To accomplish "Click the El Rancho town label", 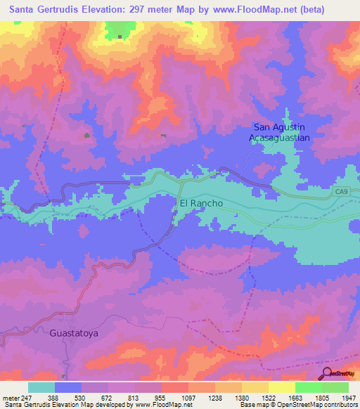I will point(201,203).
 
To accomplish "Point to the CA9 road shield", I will point(342,191).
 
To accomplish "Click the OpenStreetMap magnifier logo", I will point(328,373).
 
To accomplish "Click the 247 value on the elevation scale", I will point(27,397).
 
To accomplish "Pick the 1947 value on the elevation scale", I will point(349,397).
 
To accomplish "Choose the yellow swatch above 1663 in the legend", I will point(281,387).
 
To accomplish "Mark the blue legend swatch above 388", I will point(68,387).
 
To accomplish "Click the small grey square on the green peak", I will point(120,37).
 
